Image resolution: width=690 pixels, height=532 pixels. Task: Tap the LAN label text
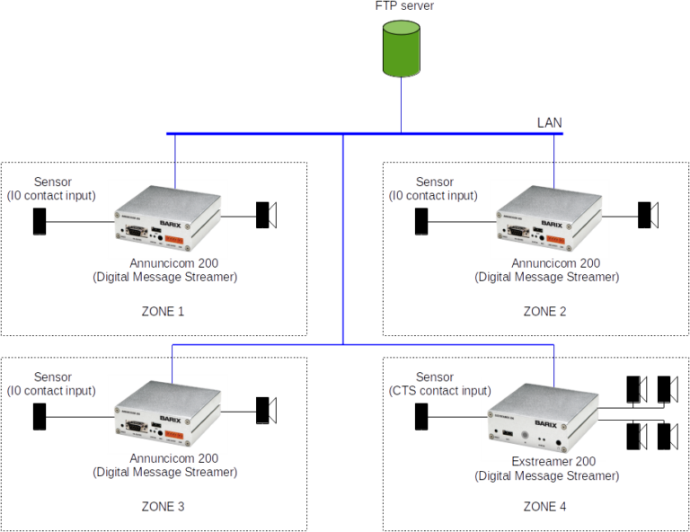[549, 122]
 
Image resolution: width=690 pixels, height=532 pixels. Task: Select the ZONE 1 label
[163, 311]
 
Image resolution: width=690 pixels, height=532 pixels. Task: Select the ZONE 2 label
[544, 311]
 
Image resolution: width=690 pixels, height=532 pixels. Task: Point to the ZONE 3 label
[163, 507]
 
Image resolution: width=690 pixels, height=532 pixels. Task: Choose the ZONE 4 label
[544, 507]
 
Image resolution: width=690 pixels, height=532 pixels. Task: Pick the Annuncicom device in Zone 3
[168, 413]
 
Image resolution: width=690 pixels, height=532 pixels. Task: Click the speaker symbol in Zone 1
[265, 216]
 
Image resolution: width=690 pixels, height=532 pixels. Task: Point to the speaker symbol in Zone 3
[265, 410]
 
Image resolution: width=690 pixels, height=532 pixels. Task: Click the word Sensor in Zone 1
[53, 182]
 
